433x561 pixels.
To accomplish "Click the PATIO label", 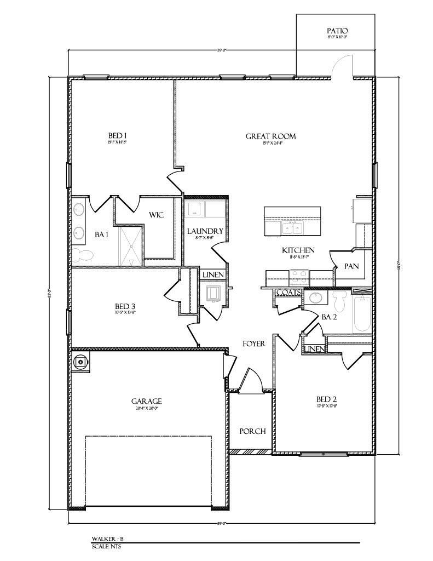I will click(x=337, y=31).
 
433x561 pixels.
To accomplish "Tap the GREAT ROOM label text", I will click(x=270, y=136).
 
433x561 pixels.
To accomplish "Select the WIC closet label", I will click(x=157, y=215).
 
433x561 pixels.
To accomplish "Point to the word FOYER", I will click(x=254, y=344).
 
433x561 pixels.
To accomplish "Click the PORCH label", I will click(x=253, y=431).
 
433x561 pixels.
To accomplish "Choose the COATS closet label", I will click(x=288, y=293).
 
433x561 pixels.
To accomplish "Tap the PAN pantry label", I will click(x=351, y=266).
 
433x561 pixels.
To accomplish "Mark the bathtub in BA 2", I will click(x=362, y=314).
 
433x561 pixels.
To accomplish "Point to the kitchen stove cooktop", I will click(x=299, y=277).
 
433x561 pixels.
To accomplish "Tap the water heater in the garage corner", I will click(x=81, y=361).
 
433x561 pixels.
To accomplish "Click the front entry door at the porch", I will click(x=249, y=381).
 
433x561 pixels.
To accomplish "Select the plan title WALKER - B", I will click(x=104, y=540).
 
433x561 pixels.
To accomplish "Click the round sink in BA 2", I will click(x=316, y=298).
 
